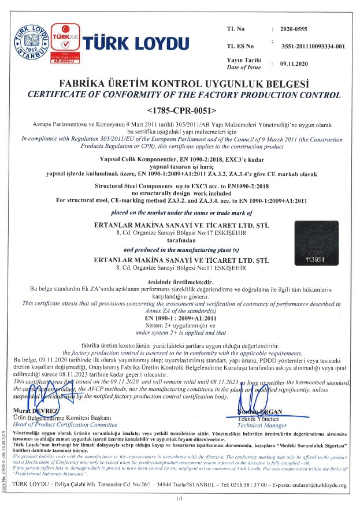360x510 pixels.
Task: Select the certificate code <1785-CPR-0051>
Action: click(x=181, y=109)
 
